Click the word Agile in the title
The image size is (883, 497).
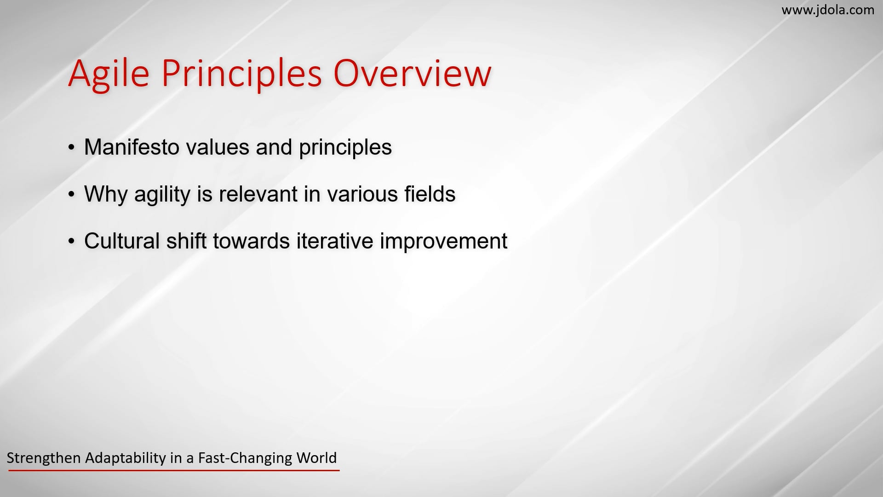click(109, 74)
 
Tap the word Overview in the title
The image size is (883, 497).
click(413, 74)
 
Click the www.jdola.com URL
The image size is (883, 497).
click(828, 10)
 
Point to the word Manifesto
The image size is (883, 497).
click(132, 147)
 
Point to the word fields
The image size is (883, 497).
click(430, 194)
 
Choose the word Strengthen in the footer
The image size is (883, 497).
click(44, 458)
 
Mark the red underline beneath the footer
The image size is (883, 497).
click(174, 470)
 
